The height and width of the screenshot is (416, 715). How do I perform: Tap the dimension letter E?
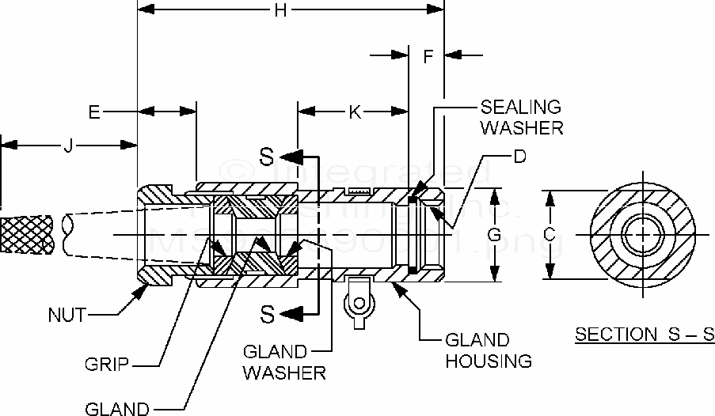pyautogui.click(x=95, y=113)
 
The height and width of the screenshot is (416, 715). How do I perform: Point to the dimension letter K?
pyautogui.click(x=355, y=112)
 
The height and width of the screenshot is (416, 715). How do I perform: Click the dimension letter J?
pyautogui.click(x=68, y=145)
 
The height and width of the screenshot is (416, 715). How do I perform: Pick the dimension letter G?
pyautogui.click(x=493, y=235)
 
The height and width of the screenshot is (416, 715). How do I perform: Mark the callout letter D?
pyautogui.click(x=519, y=157)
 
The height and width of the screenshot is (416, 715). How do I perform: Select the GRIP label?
pyautogui.click(x=108, y=365)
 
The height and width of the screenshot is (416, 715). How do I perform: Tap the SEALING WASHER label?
pyautogui.click(x=521, y=116)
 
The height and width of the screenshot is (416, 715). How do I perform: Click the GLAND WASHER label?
pyautogui.click(x=283, y=361)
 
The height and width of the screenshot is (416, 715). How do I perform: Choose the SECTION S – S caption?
pyautogui.click(x=644, y=334)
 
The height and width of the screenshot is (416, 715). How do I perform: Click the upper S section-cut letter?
pyautogui.click(x=268, y=155)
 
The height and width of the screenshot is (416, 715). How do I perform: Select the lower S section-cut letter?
pyautogui.click(x=268, y=314)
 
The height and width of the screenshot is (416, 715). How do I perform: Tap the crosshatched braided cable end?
pyautogui.click(x=29, y=235)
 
